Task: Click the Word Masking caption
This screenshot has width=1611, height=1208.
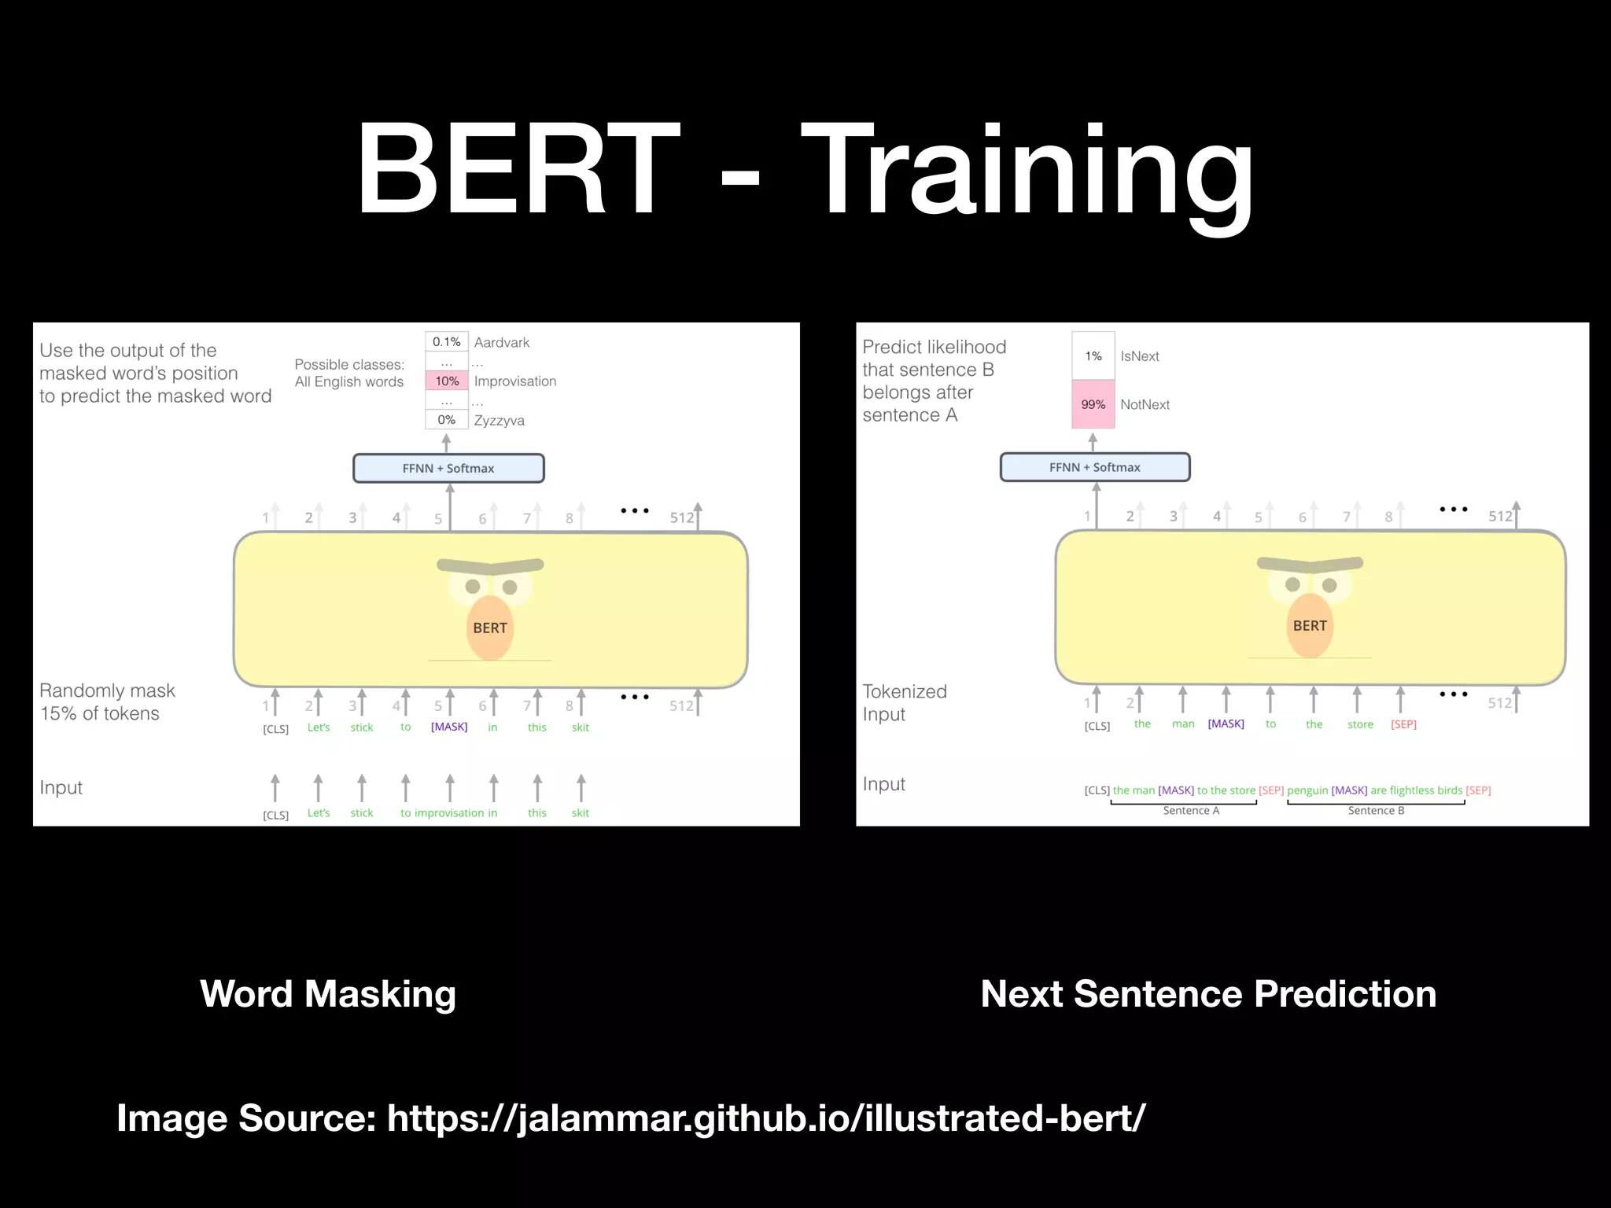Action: [x=328, y=993]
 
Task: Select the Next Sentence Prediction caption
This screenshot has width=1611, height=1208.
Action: [x=1208, y=993]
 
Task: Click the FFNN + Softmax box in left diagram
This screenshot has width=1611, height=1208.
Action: [x=448, y=468]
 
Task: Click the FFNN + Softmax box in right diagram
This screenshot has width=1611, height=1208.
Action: [x=1095, y=467]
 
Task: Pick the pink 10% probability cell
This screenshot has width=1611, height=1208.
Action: [x=447, y=381]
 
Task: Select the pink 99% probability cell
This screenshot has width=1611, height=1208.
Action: [x=1093, y=404]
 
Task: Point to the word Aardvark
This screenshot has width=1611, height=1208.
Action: [x=502, y=342]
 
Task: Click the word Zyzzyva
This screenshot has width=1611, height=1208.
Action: [x=499, y=420]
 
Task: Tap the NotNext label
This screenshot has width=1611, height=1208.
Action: [x=1145, y=404]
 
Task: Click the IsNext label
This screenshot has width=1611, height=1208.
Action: [x=1140, y=356]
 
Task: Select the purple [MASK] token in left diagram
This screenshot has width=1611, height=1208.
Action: [x=449, y=727]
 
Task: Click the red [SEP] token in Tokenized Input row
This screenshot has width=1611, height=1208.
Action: [x=1403, y=724]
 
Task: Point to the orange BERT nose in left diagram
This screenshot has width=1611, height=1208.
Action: [x=490, y=628]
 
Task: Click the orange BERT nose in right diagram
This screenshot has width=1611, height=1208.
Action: [x=1310, y=625]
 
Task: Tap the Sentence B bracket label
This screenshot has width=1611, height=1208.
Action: [x=1376, y=810]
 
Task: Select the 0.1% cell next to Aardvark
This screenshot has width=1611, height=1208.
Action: [x=447, y=342]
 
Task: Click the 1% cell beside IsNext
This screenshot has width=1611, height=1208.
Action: [x=1093, y=356]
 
